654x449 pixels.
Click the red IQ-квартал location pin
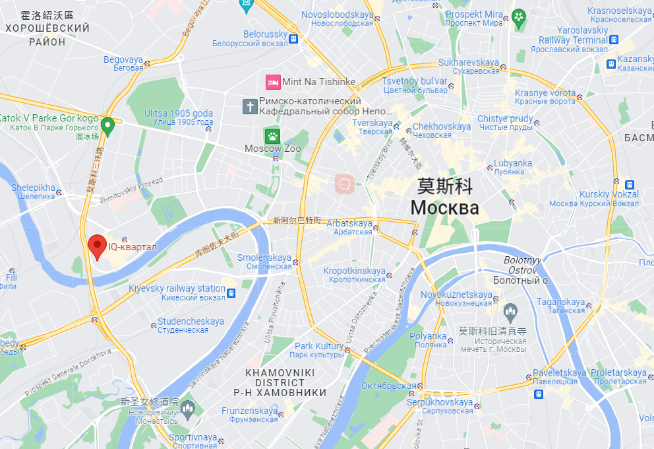pos(98,247)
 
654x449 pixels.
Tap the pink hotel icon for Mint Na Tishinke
pos(272,82)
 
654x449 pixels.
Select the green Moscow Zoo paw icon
pos(272,137)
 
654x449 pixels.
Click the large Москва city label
pos(444,208)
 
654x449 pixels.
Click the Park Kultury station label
pos(318,347)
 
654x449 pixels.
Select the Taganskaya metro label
pos(561,302)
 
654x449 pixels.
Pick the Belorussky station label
pos(265,34)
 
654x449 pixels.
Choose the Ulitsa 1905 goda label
pos(178,114)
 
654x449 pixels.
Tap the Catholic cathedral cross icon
pos(250,106)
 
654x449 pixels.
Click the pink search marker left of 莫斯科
pos(344,184)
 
